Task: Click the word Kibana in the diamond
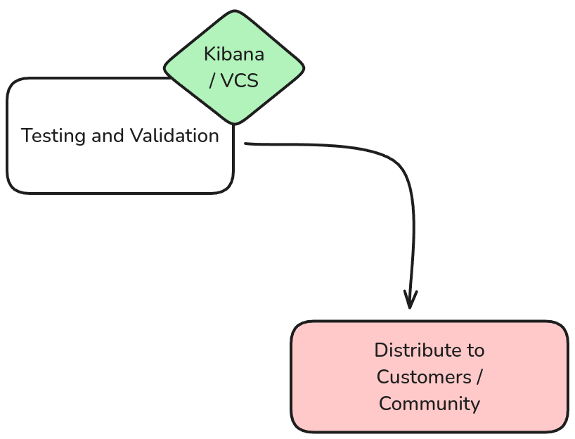click(233, 54)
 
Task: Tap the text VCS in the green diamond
click(240, 81)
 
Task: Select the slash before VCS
click(212, 81)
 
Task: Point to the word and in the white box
click(107, 135)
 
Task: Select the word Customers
click(423, 377)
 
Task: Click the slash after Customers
click(479, 377)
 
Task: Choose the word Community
click(429, 404)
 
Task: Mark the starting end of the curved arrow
click(246, 144)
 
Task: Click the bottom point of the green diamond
click(234, 124)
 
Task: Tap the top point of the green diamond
click(234, 12)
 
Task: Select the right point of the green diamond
click(304, 68)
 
